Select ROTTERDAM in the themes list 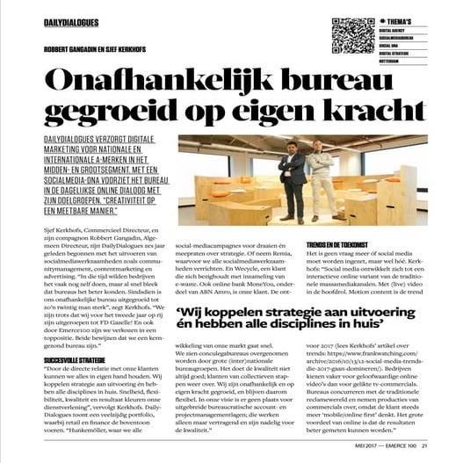coord(394,61)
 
